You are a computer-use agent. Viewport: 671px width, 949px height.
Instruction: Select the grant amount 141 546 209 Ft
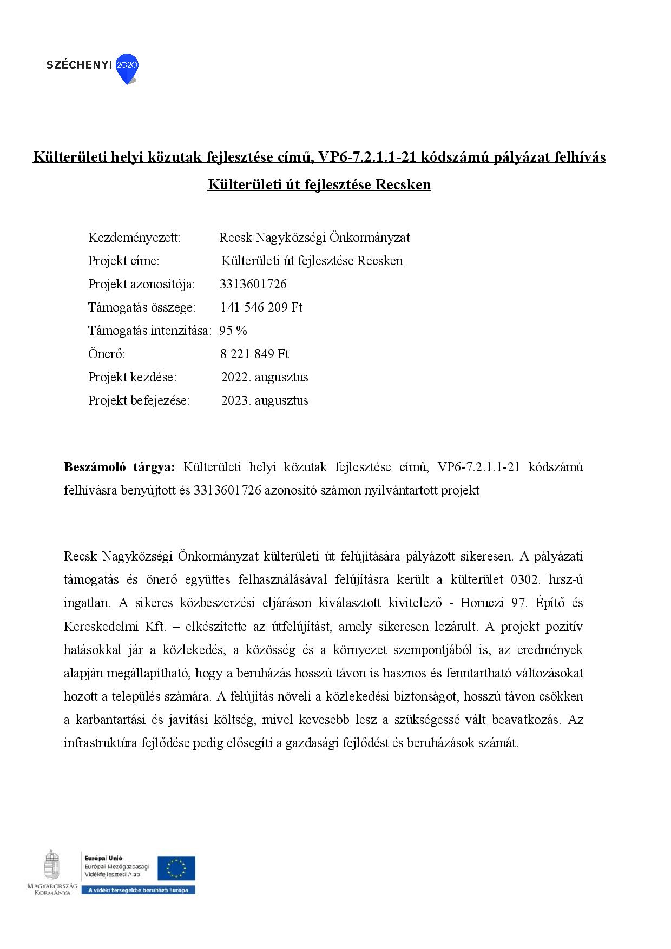(x=261, y=307)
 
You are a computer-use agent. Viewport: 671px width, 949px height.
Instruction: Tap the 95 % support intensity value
(x=233, y=331)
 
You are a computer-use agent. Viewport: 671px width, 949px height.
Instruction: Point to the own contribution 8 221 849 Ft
(x=254, y=354)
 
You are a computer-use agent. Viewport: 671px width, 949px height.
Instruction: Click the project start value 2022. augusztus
(x=265, y=377)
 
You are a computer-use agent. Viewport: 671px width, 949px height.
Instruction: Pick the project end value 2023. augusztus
(x=265, y=400)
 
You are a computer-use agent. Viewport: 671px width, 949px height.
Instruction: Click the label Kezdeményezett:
(x=134, y=238)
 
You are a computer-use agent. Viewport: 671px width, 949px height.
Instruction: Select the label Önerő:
(x=107, y=354)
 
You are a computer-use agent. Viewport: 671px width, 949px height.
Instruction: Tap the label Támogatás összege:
(x=142, y=307)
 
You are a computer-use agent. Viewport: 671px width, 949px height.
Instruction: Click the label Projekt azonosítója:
(x=142, y=284)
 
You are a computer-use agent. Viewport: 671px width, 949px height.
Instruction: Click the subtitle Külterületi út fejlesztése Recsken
(x=319, y=185)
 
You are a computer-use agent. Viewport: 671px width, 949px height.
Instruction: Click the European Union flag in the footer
(x=176, y=868)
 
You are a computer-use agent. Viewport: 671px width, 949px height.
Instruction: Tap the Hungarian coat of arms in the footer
(x=52, y=864)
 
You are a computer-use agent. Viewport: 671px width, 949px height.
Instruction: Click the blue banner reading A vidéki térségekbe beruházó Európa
(x=138, y=891)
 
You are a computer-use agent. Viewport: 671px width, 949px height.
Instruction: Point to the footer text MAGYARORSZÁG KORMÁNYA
(x=52, y=889)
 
